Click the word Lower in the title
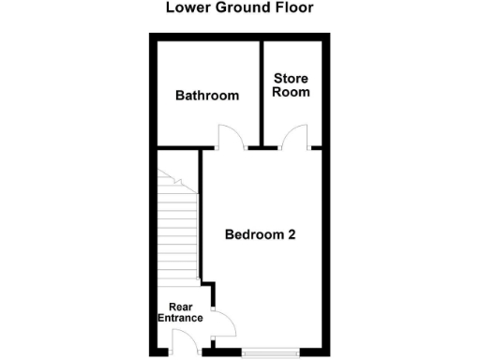click(185, 8)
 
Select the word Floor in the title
click(292, 8)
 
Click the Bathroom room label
click(207, 96)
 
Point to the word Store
click(291, 78)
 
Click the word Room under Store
click(291, 92)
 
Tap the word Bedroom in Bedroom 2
click(251, 234)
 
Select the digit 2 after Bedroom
click(292, 234)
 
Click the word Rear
click(180, 307)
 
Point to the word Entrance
click(180, 319)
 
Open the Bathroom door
click(232, 138)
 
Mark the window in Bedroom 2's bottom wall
click(270, 354)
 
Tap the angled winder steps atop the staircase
click(174, 183)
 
